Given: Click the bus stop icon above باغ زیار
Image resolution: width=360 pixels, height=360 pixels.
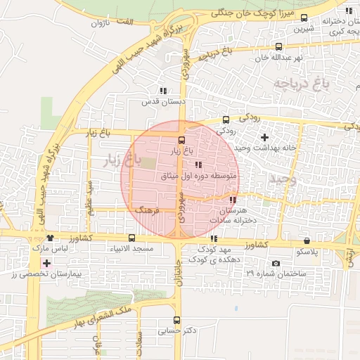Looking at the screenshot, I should (181, 139).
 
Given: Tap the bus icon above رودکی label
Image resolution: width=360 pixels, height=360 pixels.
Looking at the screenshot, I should (226, 120).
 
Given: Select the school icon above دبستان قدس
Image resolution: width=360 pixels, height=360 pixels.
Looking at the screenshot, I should (163, 91).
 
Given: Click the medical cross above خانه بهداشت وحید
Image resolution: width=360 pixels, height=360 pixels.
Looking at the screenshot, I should (264, 136).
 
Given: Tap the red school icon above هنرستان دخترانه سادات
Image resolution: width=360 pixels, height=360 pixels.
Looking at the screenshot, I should (233, 200).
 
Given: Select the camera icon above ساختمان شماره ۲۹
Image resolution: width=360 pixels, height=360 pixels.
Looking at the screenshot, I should (275, 264).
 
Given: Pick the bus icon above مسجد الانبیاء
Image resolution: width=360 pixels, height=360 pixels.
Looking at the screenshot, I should (131, 238).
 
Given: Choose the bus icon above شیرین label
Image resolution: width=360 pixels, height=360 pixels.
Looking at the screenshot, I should (304, 18).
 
